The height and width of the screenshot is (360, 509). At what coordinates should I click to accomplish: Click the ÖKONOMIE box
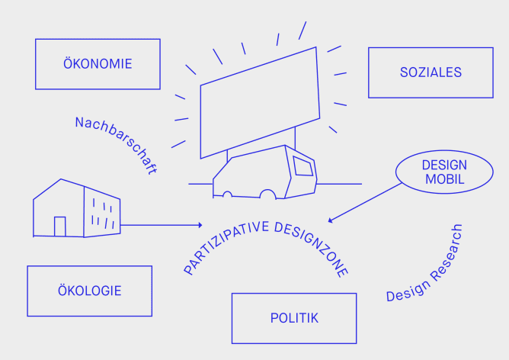pos(98,64)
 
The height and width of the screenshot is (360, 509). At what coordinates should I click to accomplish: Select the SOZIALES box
pos(431,72)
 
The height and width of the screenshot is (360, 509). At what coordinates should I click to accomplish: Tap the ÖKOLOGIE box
pos(89,291)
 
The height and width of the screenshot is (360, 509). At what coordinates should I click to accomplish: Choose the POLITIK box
pos(294,318)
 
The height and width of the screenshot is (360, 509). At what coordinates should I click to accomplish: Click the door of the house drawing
pos(59,227)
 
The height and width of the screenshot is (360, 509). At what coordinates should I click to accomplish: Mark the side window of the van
pos(303,167)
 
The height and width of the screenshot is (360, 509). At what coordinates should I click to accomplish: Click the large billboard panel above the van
pos(258,102)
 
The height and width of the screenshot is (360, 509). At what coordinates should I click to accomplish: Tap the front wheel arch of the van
pos(267,195)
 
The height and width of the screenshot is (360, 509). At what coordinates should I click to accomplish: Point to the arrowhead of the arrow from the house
pos(200,225)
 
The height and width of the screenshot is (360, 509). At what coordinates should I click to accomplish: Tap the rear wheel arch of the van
pos(226,194)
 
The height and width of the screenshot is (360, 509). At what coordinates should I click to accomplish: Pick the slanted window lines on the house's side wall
pos(102,214)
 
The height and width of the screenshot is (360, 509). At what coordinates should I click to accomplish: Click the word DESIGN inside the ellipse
pos(444,165)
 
